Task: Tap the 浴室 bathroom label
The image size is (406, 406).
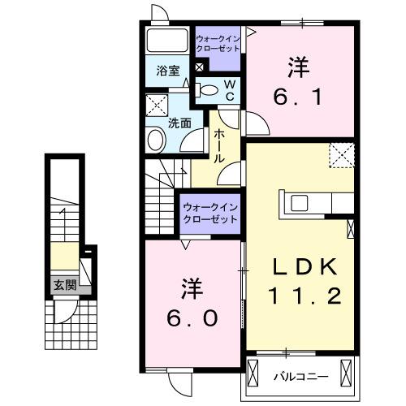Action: (x=168, y=71)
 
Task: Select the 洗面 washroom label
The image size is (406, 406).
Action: (x=179, y=123)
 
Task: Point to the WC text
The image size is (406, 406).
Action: (x=229, y=90)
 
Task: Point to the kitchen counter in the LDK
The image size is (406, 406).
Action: (x=315, y=203)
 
